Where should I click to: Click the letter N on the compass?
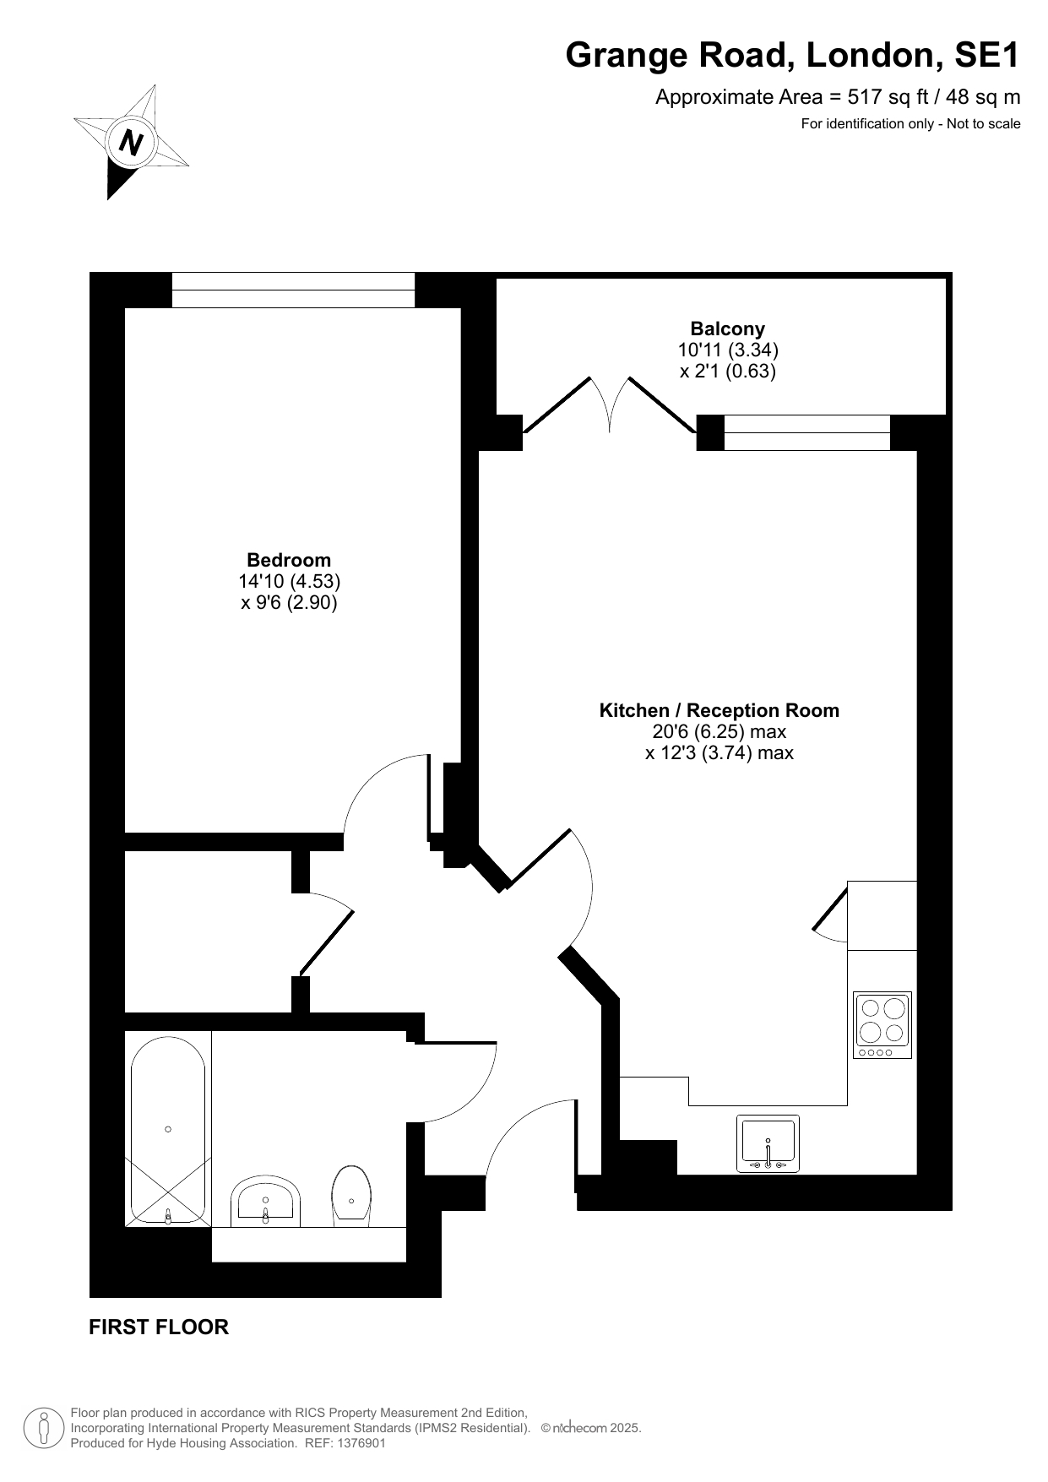point(131,141)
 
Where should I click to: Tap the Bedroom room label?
point(289,560)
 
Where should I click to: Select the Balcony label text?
point(728,328)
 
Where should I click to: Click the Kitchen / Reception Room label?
point(719,710)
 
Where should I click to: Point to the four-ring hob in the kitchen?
point(882,1025)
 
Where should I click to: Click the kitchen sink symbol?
point(768,1143)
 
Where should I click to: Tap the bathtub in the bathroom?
point(168,1128)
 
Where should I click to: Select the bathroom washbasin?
point(265,1200)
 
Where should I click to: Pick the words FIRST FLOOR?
point(159,1327)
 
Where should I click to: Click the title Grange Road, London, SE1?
point(793,55)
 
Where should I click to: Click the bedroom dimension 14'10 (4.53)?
point(289,581)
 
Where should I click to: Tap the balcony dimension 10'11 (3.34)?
point(728,350)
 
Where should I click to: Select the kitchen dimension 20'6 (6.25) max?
point(719,731)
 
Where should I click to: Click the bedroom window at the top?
point(294,290)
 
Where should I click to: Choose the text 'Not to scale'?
point(984,124)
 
